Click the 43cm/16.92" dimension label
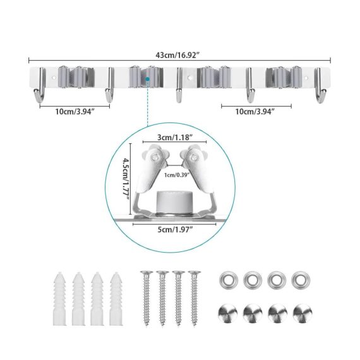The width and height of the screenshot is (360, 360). coord(177,56)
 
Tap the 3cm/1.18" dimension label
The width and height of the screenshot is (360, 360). coord(175,137)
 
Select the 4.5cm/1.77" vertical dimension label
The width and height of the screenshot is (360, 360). coord(126,177)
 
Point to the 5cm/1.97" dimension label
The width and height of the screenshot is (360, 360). coord(175,229)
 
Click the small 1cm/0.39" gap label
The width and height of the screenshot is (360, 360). coord(177,175)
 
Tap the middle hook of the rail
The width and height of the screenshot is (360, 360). coord(179,85)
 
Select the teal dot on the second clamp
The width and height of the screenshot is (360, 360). coord(147,79)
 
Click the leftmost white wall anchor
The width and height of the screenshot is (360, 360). coord(60,299)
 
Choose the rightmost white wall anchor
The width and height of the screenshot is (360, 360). coord(116,299)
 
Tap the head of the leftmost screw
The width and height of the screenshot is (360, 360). coord(147,273)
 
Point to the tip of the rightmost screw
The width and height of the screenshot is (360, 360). coord(195,325)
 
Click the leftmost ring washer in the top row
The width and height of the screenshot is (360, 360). coord(228,280)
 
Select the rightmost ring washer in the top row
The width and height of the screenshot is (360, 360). coord(301,280)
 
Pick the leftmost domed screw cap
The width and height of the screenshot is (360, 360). coord(228,313)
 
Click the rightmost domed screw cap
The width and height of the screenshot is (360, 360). coord(303,313)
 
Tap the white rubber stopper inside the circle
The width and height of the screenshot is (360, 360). coord(174,202)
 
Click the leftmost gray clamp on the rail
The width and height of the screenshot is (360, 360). coord(76,77)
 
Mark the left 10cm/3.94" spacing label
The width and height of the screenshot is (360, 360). coord(75,112)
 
